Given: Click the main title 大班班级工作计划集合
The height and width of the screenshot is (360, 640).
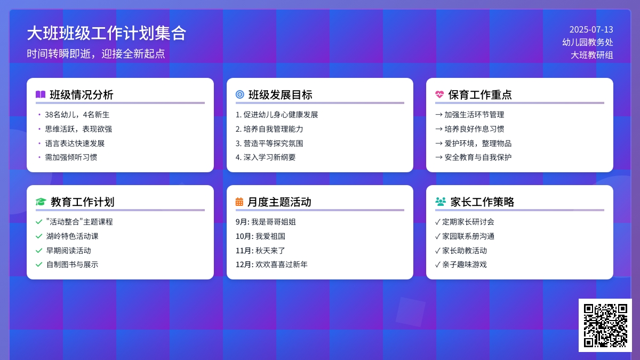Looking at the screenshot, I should point(107,33).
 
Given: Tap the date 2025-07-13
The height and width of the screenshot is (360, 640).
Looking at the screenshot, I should point(591,30).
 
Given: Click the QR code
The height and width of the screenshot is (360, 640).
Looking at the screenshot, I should point(605,325).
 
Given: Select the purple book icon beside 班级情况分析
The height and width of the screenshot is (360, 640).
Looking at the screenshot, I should point(41,94).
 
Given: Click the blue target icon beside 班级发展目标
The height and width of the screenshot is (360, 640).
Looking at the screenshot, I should point(240,94).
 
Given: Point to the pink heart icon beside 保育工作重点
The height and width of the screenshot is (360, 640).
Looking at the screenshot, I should point(439,94).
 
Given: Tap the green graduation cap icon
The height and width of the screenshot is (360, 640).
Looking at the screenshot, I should point(41,202).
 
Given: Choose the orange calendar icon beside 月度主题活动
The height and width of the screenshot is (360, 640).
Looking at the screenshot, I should point(239,202).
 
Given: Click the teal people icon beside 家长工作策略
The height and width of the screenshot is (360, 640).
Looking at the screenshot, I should point(441,202).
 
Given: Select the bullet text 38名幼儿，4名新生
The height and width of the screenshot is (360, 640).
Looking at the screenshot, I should point(77,115).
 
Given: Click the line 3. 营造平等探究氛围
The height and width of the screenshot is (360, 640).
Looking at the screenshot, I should point(269,143).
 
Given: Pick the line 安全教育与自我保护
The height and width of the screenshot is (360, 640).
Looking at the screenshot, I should point(478,157).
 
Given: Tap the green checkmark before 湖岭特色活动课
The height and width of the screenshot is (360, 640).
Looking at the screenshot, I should point(39,236).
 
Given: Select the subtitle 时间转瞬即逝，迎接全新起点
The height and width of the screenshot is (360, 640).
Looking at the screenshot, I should point(96,53).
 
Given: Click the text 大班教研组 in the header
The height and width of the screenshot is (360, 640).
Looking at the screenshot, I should point(591,55).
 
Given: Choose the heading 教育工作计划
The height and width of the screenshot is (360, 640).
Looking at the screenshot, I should point(82,202).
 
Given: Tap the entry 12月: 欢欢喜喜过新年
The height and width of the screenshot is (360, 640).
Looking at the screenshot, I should point(271,265).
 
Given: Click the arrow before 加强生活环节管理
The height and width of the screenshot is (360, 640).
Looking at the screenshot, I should point(439,115).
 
